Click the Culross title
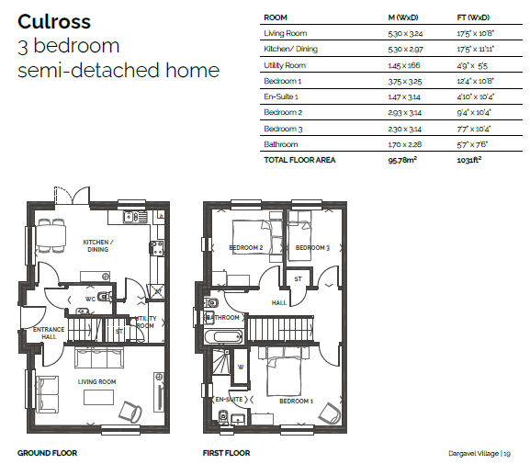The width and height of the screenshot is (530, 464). point(54,22)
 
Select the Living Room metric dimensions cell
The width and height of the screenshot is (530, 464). point(405,33)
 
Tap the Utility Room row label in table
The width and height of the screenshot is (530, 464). point(285,65)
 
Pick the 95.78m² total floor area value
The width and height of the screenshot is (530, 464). point(402,160)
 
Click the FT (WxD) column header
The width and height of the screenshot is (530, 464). point(473,17)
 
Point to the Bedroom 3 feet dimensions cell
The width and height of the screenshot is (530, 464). point(474,129)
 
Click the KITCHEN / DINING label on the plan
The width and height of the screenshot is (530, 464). point(98,246)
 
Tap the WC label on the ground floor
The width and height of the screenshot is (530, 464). point(90,299)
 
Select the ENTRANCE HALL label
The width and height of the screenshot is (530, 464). point(49,334)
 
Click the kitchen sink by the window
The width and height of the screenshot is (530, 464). point(135,217)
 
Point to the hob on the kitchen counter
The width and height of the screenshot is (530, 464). point(157,249)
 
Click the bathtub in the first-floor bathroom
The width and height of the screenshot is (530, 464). point(223,337)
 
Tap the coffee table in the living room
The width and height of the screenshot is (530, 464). point(98,397)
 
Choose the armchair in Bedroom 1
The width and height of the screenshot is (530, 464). point(330,413)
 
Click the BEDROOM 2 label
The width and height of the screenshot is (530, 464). point(246,248)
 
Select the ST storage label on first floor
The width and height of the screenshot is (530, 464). point(298,279)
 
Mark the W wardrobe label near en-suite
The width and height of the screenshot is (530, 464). point(241,367)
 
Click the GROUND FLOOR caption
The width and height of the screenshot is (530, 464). point(48,453)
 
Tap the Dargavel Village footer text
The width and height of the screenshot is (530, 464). point(473,454)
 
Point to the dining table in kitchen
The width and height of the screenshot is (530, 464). point(51,236)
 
